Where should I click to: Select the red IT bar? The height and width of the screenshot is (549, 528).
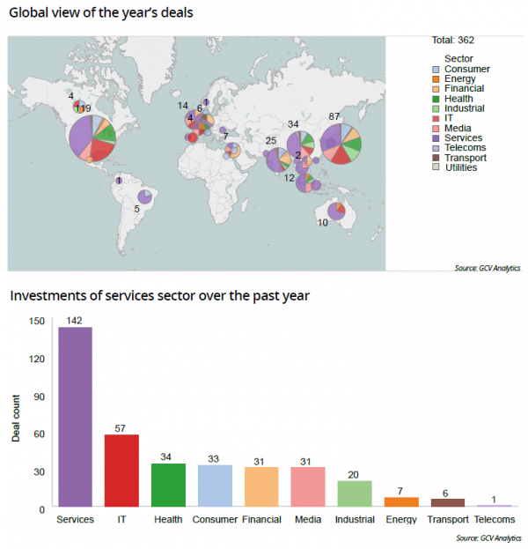[x=121, y=471]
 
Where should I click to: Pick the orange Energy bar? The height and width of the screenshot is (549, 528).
[x=400, y=501]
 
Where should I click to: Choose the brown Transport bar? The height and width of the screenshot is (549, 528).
[x=447, y=502]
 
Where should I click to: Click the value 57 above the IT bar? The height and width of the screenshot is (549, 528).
[x=121, y=428]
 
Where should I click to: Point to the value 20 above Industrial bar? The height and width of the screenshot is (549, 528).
[x=354, y=474]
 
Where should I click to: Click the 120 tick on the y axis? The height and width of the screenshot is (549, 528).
[x=36, y=359]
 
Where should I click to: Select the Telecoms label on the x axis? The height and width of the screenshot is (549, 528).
[x=494, y=520]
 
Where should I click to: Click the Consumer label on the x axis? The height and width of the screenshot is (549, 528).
[x=215, y=520]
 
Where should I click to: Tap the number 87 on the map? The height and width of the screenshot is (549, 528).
[x=334, y=116]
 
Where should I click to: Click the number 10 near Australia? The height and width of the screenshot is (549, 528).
[x=323, y=223]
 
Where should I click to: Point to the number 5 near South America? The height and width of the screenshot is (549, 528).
[x=136, y=209]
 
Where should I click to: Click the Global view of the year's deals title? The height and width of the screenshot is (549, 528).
[x=101, y=14]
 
